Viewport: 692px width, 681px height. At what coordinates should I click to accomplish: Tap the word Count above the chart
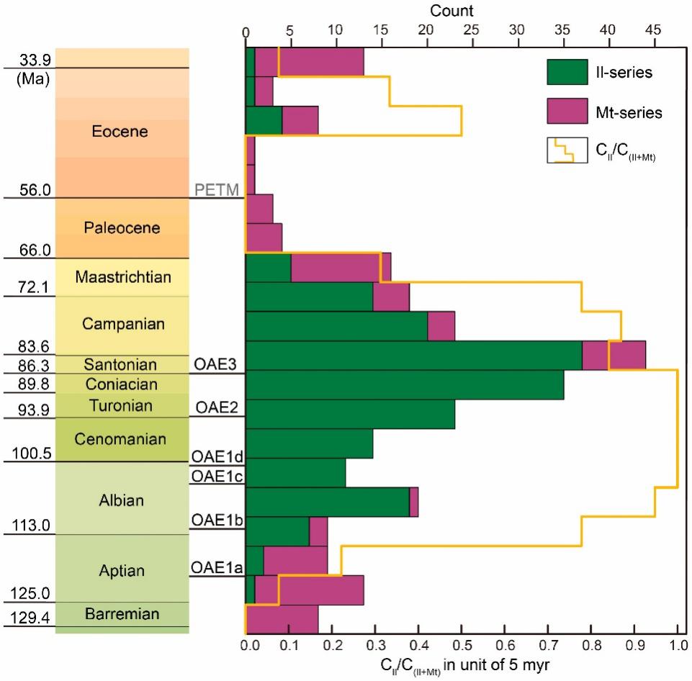pyautogui.click(x=452, y=10)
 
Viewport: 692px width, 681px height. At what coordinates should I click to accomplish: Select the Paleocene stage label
pyautogui.click(x=121, y=227)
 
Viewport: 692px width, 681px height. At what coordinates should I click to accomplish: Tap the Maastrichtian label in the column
pyautogui.click(x=123, y=276)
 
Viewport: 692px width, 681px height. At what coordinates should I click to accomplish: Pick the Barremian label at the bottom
pyautogui.click(x=122, y=614)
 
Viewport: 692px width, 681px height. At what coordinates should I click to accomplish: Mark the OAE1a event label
pyautogui.click(x=216, y=568)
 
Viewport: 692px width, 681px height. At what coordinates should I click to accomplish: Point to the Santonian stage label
pyautogui.click(x=121, y=364)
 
